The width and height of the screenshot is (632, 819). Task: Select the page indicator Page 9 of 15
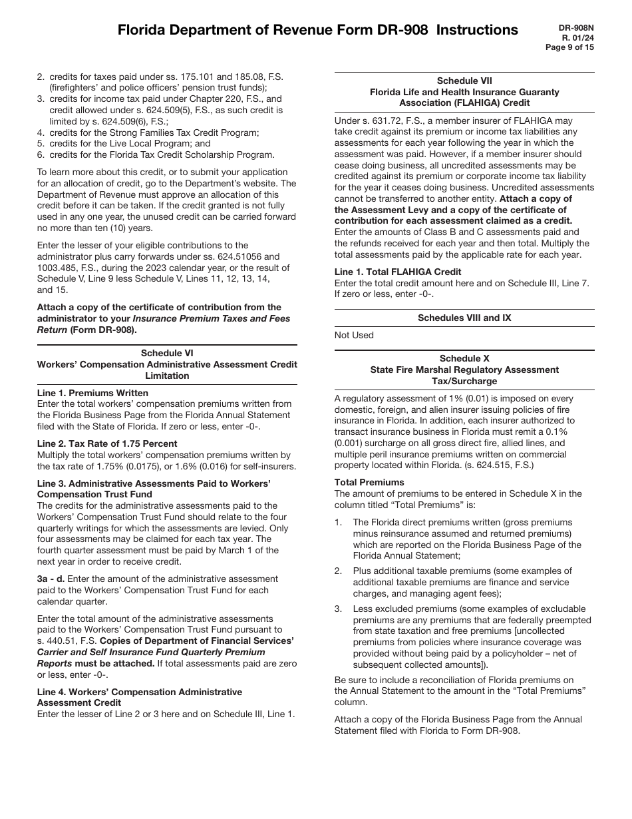pos(569,47)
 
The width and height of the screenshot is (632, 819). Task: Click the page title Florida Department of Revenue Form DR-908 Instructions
pos(317,30)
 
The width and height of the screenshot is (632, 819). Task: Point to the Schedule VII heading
pos(464,81)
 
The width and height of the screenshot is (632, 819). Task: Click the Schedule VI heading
pos(167,353)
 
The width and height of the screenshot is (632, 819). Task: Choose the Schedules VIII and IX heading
pos(464,318)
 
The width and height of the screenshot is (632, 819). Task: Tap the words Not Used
pos(354,335)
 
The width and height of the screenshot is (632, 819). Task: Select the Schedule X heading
pos(464,358)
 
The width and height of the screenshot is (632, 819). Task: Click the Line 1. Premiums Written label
pos(92,393)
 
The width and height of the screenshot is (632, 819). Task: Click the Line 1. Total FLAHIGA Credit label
pos(397,272)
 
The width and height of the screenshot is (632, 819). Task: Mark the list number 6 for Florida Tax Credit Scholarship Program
pos(41,155)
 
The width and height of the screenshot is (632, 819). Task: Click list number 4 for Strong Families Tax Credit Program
pos(41,133)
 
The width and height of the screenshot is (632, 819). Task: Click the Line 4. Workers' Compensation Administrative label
pos(140,692)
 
